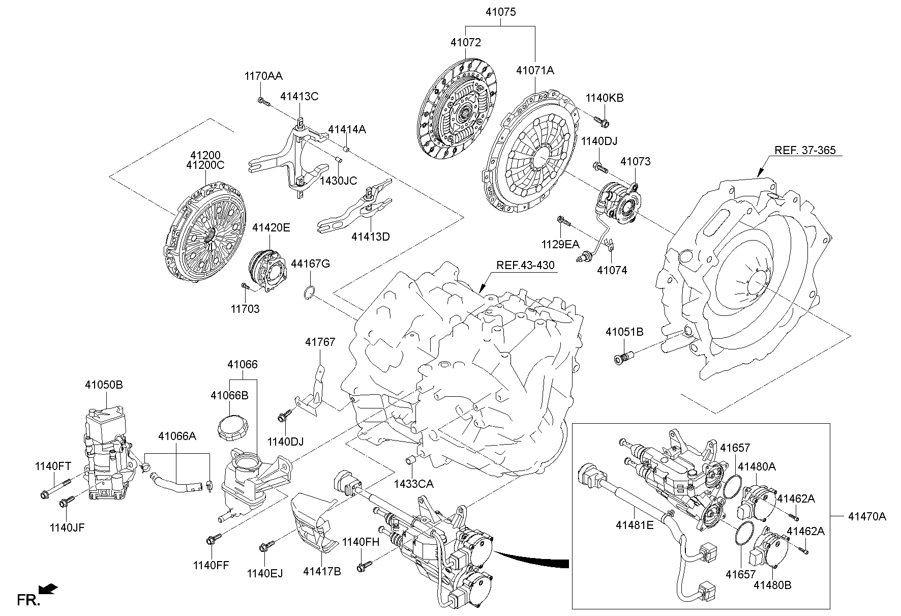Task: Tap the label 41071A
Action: (x=534, y=71)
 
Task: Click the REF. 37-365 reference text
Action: (x=805, y=150)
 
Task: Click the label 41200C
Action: (x=205, y=165)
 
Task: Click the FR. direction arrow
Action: (x=48, y=590)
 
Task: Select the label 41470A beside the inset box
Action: (x=866, y=517)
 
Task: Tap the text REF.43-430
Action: (x=525, y=266)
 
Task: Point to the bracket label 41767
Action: (x=320, y=342)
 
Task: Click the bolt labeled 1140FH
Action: (x=365, y=564)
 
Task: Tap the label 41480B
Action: (x=772, y=585)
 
